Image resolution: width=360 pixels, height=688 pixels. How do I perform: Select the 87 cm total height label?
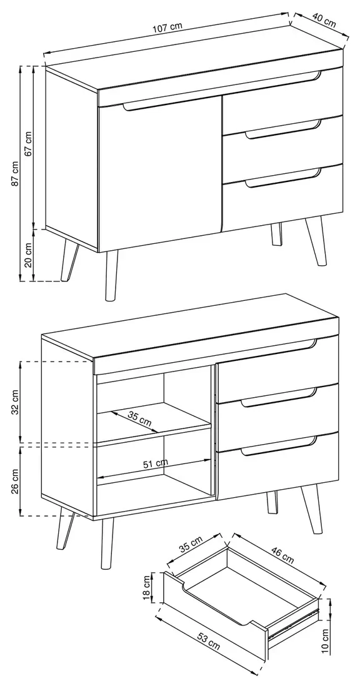[15, 173]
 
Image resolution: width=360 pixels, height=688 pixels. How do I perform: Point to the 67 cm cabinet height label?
[29, 143]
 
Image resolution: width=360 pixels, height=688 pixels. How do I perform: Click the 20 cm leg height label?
[29, 255]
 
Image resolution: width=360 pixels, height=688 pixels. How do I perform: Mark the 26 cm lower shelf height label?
[15, 481]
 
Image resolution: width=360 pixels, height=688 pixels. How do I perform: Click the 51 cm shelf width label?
[156, 463]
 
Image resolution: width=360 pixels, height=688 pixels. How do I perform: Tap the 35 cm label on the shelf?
[139, 418]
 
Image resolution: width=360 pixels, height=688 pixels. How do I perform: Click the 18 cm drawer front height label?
[147, 587]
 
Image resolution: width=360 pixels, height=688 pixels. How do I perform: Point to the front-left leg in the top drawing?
[111, 276]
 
